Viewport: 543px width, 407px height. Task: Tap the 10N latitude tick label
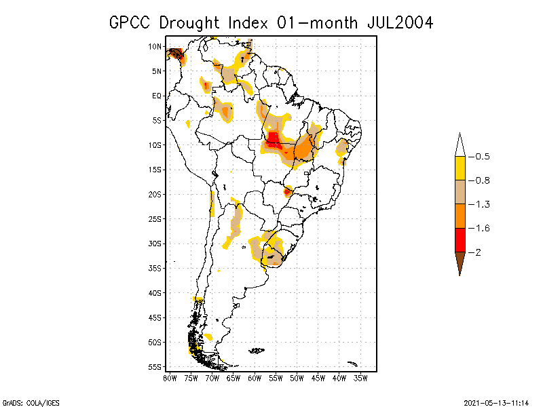pyautogui.click(x=155, y=46)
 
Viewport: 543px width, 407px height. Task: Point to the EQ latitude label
pyautogui.click(x=156, y=96)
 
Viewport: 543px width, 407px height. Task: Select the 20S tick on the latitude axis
pyautogui.click(x=155, y=194)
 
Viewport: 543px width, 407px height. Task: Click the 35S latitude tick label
pyautogui.click(x=155, y=268)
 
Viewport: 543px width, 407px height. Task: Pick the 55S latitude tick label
pyautogui.click(x=155, y=366)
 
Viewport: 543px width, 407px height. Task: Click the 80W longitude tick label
pyautogui.click(x=170, y=377)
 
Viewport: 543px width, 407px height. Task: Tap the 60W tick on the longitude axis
pyautogui.click(x=255, y=377)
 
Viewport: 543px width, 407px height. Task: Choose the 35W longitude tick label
pyautogui.click(x=360, y=377)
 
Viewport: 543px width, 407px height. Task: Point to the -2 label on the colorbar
pyautogui.click(x=478, y=252)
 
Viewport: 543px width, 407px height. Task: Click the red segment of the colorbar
pyautogui.click(x=460, y=240)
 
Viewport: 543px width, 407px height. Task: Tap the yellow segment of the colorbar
pyautogui.click(x=460, y=168)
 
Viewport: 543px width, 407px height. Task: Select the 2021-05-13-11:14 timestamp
pyautogui.click(x=496, y=401)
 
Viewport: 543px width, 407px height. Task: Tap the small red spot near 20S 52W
pyautogui.click(x=288, y=191)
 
